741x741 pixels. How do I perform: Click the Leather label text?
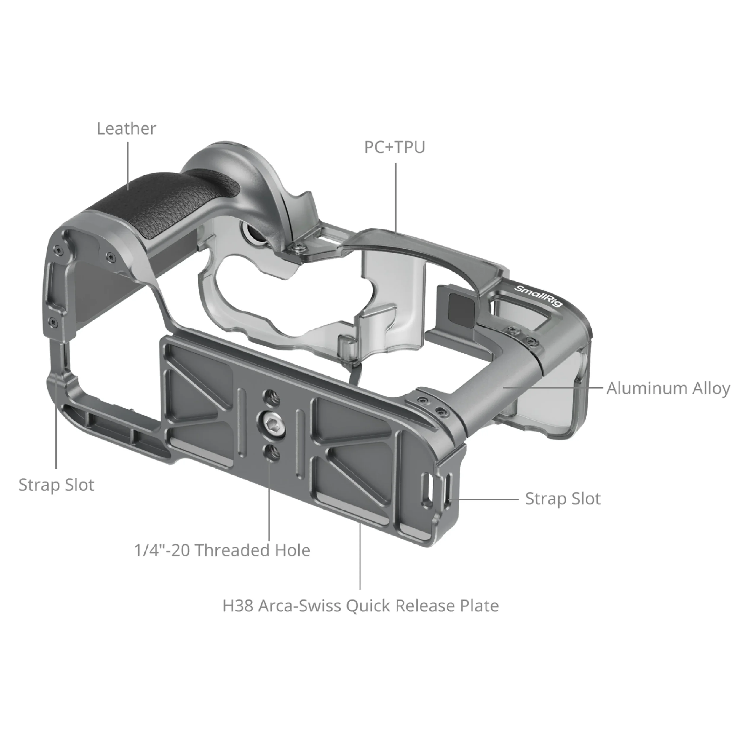point(127,129)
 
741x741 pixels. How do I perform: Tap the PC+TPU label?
point(395,147)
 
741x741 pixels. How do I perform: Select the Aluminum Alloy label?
point(668,389)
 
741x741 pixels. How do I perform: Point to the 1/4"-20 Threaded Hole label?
point(222,550)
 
